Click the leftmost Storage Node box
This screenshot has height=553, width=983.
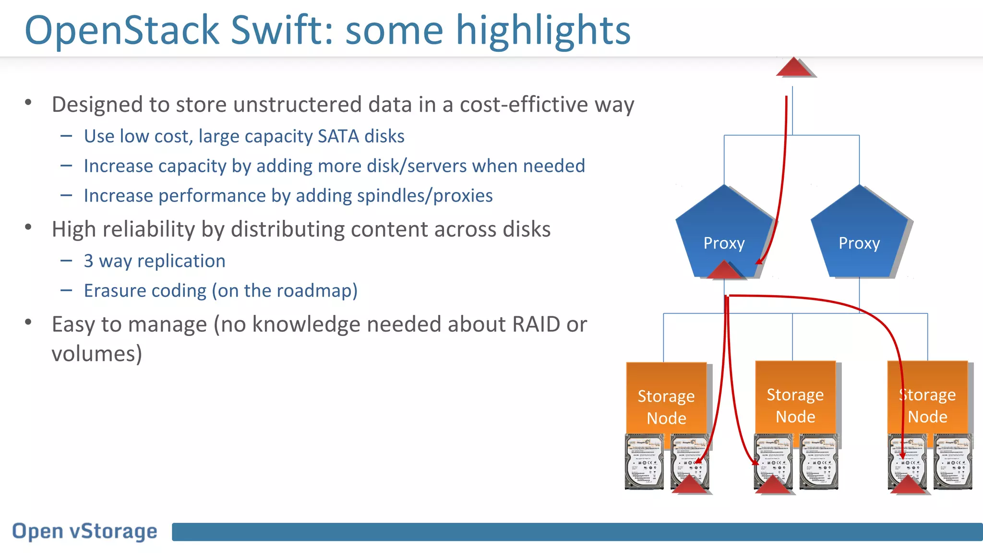[x=666, y=398]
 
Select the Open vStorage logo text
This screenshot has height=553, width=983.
[x=85, y=531]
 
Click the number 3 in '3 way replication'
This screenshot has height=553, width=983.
[x=88, y=261]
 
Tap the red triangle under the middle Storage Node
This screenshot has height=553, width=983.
[x=773, y=484]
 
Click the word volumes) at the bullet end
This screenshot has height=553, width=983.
[x=97, y=354]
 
